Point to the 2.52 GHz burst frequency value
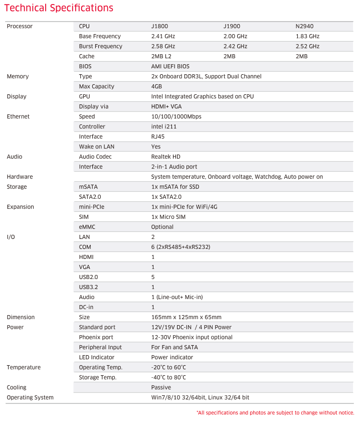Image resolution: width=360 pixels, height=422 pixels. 307,46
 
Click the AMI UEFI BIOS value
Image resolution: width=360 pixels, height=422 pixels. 170,66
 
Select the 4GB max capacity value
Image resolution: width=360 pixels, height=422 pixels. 156,86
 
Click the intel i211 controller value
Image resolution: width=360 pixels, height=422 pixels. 164,126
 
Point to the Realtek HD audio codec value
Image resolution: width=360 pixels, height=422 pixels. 166,157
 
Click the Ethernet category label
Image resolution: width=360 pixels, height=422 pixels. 18,116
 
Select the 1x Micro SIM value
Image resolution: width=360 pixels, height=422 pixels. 168,217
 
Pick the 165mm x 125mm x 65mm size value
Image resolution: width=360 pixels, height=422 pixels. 186,317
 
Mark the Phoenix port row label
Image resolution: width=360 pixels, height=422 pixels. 96,337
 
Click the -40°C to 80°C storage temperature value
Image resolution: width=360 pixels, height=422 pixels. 168,377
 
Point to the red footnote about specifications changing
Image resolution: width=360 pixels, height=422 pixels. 275,412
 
